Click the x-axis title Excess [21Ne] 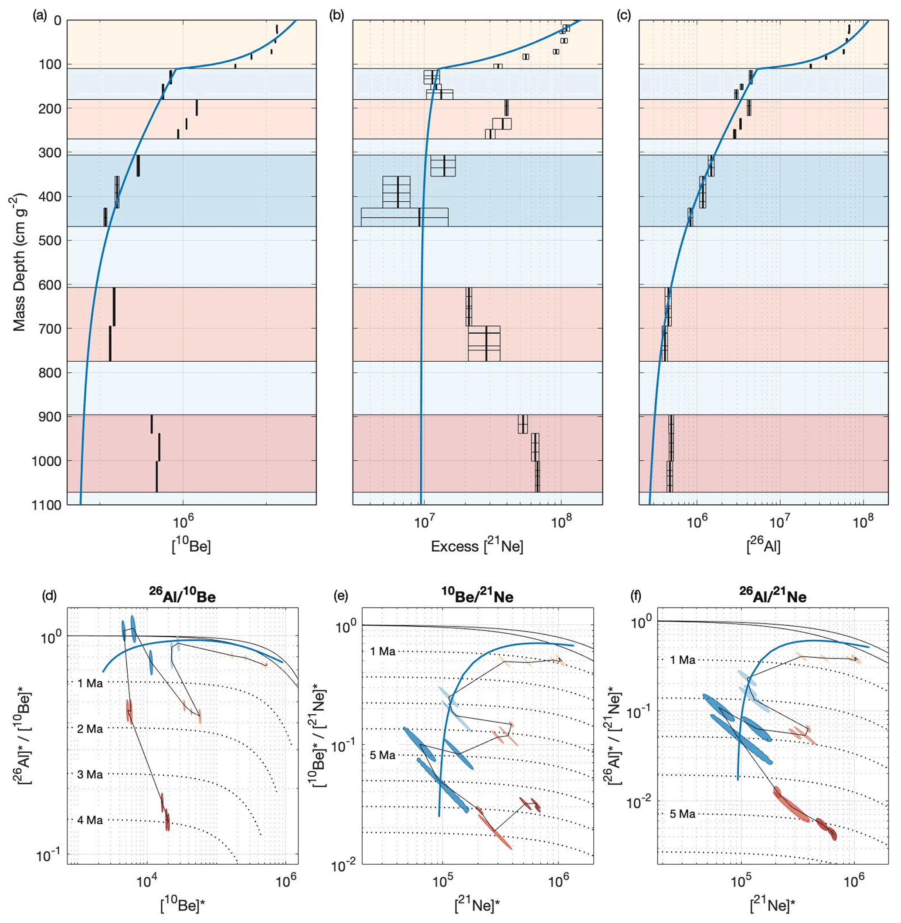(x=477, y=547)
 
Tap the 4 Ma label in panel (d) (x=90, y=820)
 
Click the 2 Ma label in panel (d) (x=90, y=729)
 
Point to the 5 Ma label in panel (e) (x=383, y=755)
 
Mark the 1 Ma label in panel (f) (x=682, y=660)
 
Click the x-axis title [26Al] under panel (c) (x=763, y=547)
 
